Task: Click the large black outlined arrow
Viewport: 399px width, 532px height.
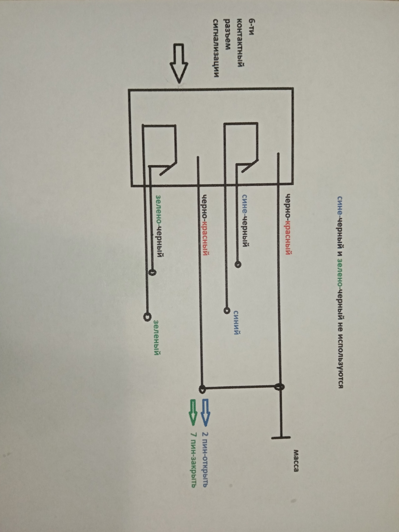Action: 179,63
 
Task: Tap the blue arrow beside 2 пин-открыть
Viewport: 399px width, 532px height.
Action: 206,411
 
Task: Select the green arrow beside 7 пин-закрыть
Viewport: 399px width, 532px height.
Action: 193,411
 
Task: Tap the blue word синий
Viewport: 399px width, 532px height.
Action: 236,322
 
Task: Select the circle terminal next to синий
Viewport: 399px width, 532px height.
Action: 227,310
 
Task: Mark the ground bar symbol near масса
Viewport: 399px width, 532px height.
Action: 281,437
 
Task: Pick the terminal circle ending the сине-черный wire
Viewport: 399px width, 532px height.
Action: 238,264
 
